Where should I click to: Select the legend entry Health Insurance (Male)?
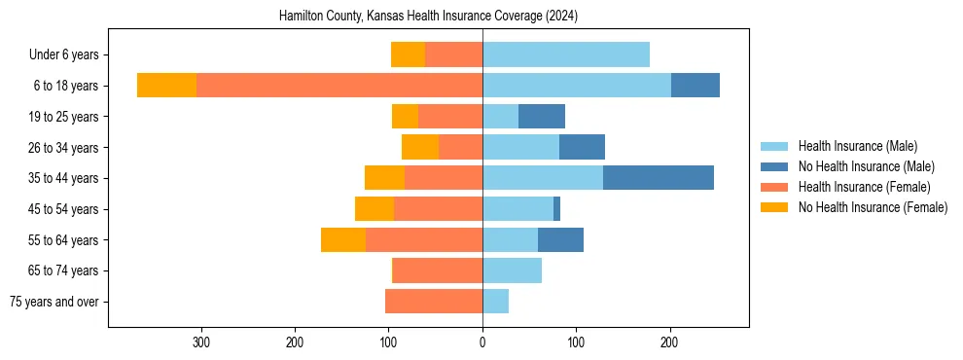click(857, 146)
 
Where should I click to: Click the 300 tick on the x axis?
click(201, 342)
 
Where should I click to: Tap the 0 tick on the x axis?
click(482, 342)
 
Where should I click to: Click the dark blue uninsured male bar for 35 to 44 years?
click(659, 178)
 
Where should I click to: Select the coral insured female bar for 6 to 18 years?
click(339, 86)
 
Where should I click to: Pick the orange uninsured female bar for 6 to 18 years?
click(166, 86)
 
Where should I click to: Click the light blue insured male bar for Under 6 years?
click(566, 54)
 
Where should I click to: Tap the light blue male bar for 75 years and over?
click(495, 302)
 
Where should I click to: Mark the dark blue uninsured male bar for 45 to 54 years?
click(556, 209)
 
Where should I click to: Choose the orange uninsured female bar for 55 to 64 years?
click(343, 239)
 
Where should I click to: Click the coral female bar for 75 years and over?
click(434, 302)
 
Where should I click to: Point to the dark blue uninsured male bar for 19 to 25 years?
click(542, 117)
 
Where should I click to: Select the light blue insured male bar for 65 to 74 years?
click(512, 270)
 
